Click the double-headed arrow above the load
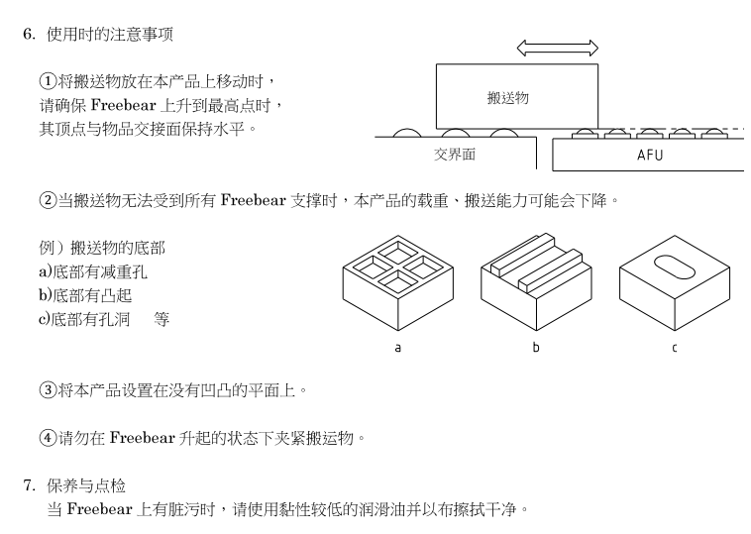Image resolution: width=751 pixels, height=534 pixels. coord(558,48)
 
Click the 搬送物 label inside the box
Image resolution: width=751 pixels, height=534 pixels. coord(507,97)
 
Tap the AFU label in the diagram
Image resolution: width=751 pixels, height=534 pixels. coord(650,156)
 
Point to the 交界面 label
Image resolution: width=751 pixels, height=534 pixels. coord(455,155)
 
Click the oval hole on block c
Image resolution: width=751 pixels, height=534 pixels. coord(675,268)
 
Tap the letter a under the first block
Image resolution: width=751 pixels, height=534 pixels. coord(398,347)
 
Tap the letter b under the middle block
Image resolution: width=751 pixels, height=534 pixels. coord(536,347)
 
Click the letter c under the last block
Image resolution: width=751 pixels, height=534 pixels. coord(675,347)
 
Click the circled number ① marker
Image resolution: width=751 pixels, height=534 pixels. coord(47,80)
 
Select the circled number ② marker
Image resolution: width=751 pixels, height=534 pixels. coord(47,201)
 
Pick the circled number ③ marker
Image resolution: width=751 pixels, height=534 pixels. coord(47,389)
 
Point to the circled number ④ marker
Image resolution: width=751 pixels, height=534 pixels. coord(47,437)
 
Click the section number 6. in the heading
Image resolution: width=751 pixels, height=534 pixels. coord(29,35)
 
